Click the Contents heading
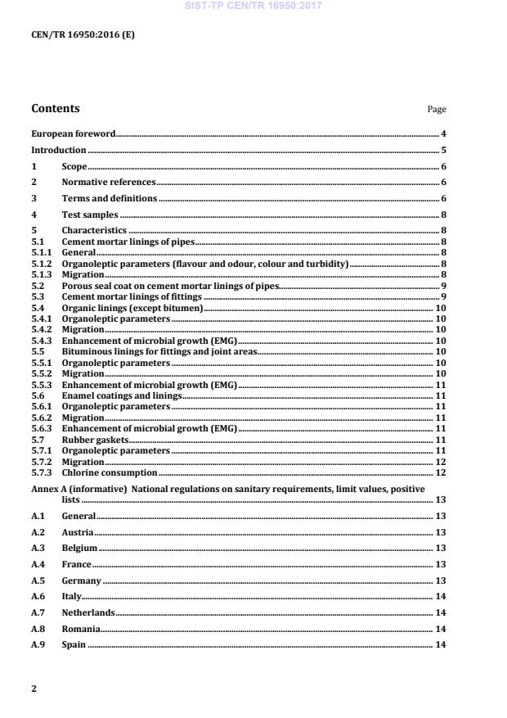[x=56, y=108]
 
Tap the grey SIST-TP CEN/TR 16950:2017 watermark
[x=253, y=6]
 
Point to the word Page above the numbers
[x=437, y=110]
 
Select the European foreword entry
[x=73, y=133]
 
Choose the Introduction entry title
[x=58, y=151]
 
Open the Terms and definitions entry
[x=110, y=199]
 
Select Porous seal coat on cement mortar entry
[x=170, y=286]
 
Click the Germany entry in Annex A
[x=82, y=580]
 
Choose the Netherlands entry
[x=88, y=612]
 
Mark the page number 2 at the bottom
[x=34, y=689]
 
